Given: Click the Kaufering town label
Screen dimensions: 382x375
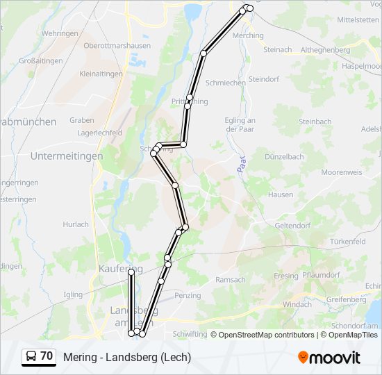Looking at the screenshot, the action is pyautogui.click(x=121, y=268).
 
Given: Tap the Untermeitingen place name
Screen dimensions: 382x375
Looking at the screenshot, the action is pyautogui.click(x=67, y=156).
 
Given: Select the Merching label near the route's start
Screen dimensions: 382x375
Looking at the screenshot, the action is pyautogui.click(x=249, y=35).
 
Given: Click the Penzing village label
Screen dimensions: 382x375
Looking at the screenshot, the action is pyautogui.click(x=188, y=295).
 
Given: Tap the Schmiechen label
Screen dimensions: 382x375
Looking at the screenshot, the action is pyautogui.click(x=226, y=83).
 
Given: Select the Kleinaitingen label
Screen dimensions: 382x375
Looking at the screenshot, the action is pyautogui.click(x=101, y=74).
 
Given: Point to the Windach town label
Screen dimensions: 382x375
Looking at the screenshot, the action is pyautogui.click(x=298, y=304).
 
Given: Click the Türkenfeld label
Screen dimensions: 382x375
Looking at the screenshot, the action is pyautogui.click(x=348, y=241).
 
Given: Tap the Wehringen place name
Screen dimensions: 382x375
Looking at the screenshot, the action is pyautogui.click(x=60, y=33).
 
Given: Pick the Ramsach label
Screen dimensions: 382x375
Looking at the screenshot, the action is pyautogui.click(x=231, y=280).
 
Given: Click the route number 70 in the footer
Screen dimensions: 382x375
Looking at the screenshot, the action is pyautogui.click(x=47, y=356).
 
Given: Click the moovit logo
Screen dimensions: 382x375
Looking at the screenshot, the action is pyautogui.click(x=329, y=358).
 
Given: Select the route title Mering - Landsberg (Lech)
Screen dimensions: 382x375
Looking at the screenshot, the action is pyautogui.click(x=127, y=357).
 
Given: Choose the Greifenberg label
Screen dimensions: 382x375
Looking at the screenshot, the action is pyautogui.click(x=344, y=299).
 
